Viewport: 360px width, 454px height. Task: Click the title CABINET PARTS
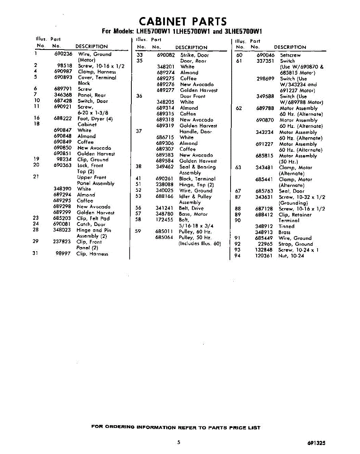[x=183, y=21]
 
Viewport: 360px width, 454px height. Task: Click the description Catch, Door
[x=91, y=224]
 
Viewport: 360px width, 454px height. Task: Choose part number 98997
[x=63, y=253]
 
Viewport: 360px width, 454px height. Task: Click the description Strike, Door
[x=195, y=55]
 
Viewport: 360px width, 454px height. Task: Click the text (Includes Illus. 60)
[x=199, y=243]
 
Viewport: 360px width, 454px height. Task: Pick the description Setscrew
[x=290, y=55]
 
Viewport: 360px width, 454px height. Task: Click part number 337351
[x=265, y=61]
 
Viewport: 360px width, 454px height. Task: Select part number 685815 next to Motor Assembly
[x=265, y=155]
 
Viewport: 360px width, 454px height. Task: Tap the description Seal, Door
[x=291, y=191]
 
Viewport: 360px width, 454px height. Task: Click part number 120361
[x=264, y=256]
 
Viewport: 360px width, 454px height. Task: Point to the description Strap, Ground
[x=296, y=244]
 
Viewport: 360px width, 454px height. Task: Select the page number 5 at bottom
[x=178, y=442]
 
